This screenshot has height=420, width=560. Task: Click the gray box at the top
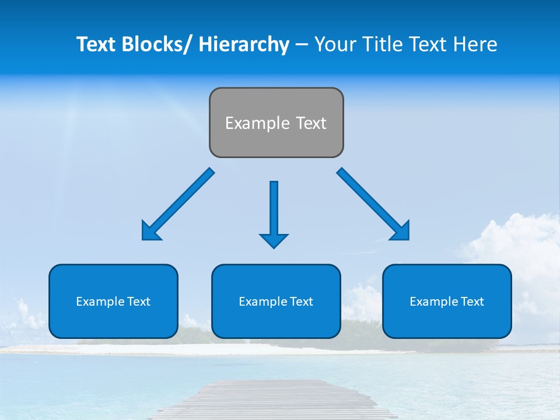[276, 123]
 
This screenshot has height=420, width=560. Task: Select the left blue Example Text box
[113, 302]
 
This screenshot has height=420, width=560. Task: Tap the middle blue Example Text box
[276, 302]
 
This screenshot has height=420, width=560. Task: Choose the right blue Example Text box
[447, 302]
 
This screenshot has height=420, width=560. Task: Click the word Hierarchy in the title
[243, 44]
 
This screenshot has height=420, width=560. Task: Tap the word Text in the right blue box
[472, 302]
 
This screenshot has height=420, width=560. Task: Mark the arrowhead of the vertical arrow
[274, 240]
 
